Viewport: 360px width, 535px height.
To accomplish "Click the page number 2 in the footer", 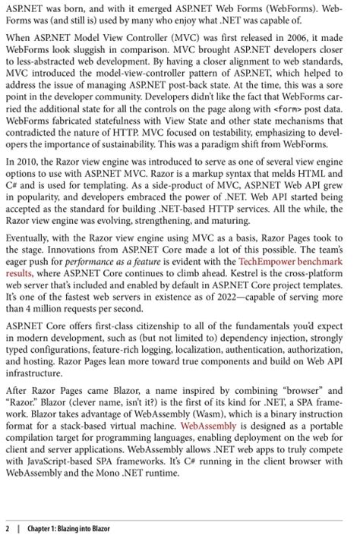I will pos(7,528).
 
